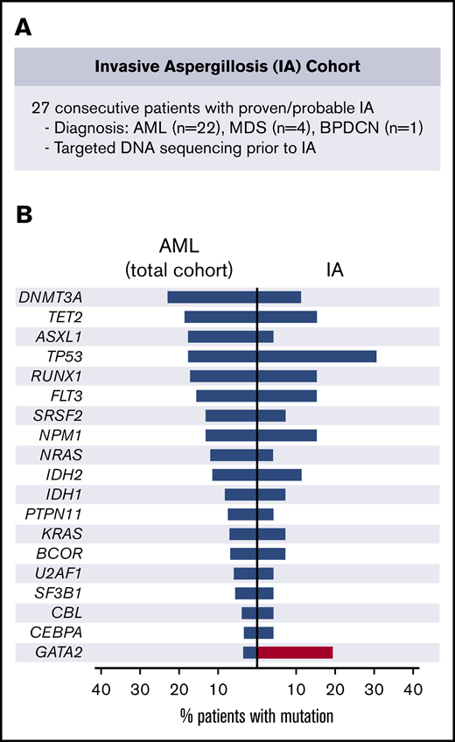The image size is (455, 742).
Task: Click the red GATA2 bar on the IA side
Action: coord(295,652)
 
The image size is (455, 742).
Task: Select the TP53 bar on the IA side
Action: coord(317,356)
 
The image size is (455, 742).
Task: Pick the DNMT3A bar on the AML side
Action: coord(212,297)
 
